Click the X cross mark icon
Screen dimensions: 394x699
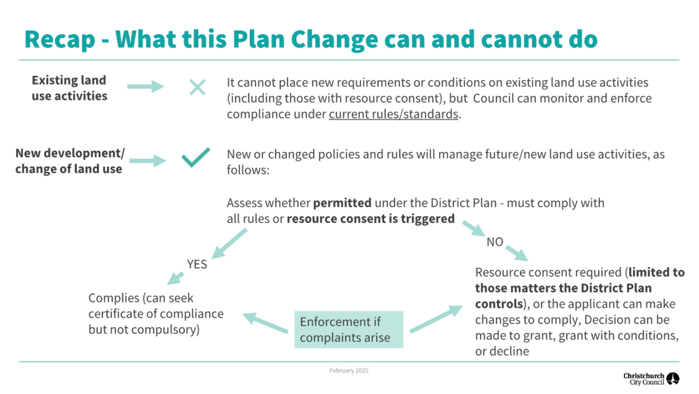[197, 87]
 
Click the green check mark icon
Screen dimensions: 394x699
[195, 158]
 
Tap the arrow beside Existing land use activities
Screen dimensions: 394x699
[145, 86]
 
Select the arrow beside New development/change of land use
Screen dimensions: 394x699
[147, 161]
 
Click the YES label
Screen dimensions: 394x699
[197, 264]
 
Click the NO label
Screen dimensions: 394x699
[495, 242]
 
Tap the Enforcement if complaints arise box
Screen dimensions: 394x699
[349, 329]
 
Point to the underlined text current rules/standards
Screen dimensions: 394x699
[393, 114]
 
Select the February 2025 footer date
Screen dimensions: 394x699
[349, 370]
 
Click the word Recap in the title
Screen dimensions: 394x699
[59, 39]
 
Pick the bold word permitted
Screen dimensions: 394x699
[342, 203]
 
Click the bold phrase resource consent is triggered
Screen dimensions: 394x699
[370, 219]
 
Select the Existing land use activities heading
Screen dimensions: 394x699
[69, 88]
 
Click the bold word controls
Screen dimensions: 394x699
[498, 304]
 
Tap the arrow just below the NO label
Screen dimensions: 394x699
[516, 253]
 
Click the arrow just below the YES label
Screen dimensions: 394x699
[176, 278]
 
